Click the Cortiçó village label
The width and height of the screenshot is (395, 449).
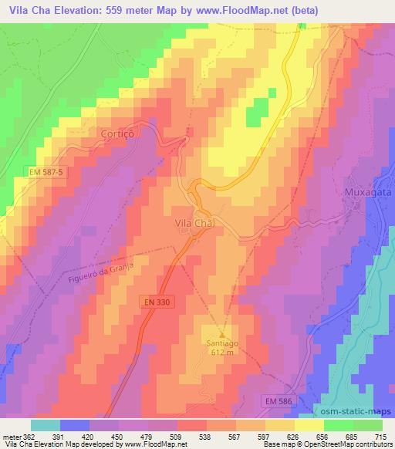click(117, 133)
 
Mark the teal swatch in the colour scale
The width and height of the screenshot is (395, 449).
click(46, 425)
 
